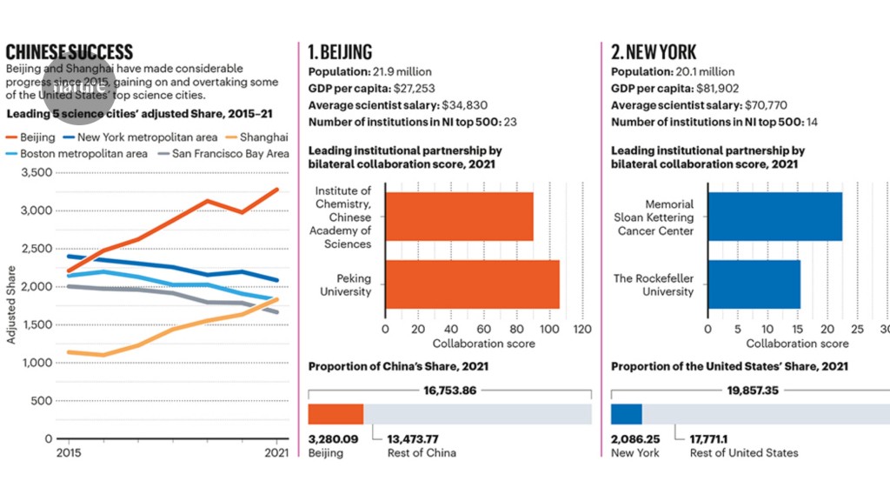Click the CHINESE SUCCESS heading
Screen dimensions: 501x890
point(70,52)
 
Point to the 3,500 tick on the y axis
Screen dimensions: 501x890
point(36,172)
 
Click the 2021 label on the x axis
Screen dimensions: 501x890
point(276,452)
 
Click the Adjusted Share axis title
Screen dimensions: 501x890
point(11,304)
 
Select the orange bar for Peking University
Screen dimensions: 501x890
point(472,284)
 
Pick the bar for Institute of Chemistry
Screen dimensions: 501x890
point(459,217)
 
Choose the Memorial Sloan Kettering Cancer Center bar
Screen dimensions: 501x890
point(774,217)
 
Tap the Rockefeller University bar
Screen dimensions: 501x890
point(754,284)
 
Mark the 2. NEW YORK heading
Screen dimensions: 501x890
point(654,52)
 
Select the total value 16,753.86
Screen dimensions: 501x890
point(449,391)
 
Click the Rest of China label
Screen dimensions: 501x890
point(422,452)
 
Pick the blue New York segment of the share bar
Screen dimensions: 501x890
point(627,414)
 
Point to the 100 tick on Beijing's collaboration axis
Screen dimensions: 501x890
point(548,330)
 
